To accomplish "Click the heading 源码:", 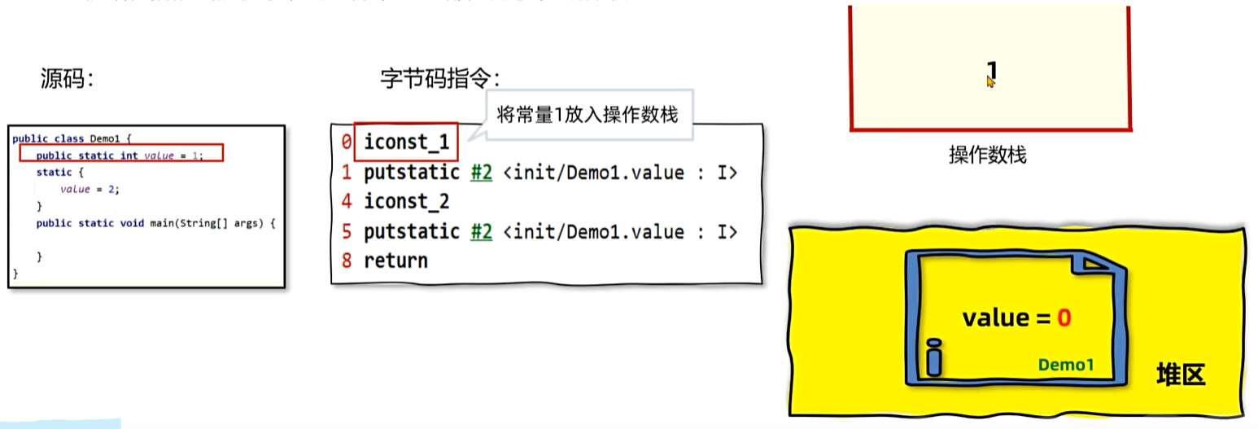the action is click(x=68, y=79).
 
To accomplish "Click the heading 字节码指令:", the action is click(x=440, y=79).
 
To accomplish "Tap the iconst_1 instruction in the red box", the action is click(x=406, y=142).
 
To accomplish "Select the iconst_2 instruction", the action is click(x=406, y=201).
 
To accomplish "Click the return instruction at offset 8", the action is click(x=395, y=260).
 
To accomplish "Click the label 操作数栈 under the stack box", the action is click(x=987, y=155).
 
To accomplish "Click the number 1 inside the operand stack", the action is click(x=991, y=70).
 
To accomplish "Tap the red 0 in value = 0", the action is click(x=1064, y=318).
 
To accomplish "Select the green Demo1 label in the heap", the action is click(x=1066, y=365).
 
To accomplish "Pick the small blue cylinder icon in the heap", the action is click(x=933, y=358).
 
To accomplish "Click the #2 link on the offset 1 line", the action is click(x=482, y=173).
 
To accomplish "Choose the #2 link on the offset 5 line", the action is click(x=482, y=231).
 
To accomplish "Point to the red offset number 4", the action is click(x=347, y=201).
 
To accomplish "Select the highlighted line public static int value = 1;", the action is click(x=120, y=155).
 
